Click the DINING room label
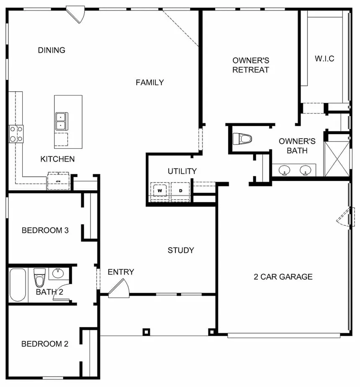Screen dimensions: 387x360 click(x=51, y=50)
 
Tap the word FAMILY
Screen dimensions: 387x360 click(x=149, y=83)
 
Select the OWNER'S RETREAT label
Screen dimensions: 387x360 click(x=250, y=65)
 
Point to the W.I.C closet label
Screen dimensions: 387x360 click(x=324, y=59)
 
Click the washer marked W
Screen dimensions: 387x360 click(x=159, y=191)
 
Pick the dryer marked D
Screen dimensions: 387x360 click(x=181, y=191)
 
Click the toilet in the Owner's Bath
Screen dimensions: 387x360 click(x=242, y=139)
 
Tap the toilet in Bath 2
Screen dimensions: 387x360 click(x=39, y=277)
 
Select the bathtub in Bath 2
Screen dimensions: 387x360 click(x=18, y=285)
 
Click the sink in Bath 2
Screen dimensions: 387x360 click(x=58, y=273)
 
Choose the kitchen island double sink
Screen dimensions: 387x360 click(x=61, y=121)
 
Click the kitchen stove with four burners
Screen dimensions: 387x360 click(x=16, y=134)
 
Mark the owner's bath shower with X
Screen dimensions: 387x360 click(x=337, y=159)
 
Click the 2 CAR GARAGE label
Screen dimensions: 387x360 click(x=283, y=277)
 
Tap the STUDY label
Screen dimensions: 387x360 click(x=181, y=250)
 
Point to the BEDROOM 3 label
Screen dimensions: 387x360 click(x=45, y=230)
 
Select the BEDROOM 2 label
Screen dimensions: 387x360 click(x=45, y=344)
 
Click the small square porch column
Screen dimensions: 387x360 click(x=146, y=332)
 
